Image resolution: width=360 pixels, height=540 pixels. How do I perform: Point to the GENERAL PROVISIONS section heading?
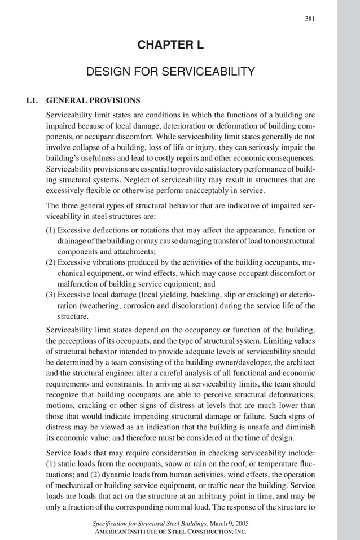[93, 101]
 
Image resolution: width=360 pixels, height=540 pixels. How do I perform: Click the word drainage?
[72, 241]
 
